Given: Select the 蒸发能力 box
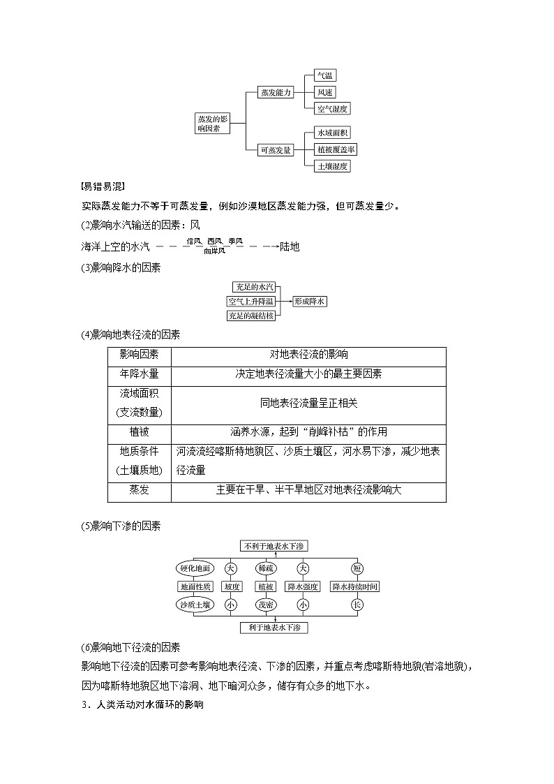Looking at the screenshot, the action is pyautogui.click(x=275, y=92).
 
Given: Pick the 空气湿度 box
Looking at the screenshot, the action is pyautogui.click(x=332, y=108).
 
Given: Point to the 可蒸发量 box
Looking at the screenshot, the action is pyautogui.click(x=275, y=149).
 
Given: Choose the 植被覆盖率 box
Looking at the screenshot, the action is pyautogui.click(x=336, y=149).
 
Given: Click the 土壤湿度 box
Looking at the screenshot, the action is pyautogui.click(x=332, y=166).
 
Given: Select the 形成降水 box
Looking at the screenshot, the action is pyautogui.click(x=310, y=301).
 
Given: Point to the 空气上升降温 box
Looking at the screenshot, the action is pyautogui.click(x=250, y=301).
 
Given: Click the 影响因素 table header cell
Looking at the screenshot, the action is pyautogui.click(x=139, y=355).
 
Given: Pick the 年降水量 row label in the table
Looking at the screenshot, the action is pyautogui.click(x=139, y=374).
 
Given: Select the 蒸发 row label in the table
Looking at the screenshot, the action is pyautogui.click(x=139, y=490).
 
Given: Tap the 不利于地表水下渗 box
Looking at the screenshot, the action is pyautogui.click(x=273, y=545).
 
